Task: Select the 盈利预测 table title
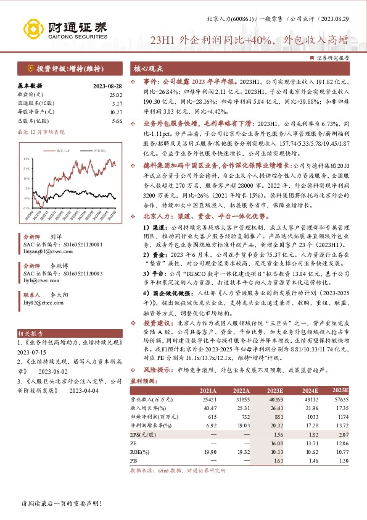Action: tap(145, 382)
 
